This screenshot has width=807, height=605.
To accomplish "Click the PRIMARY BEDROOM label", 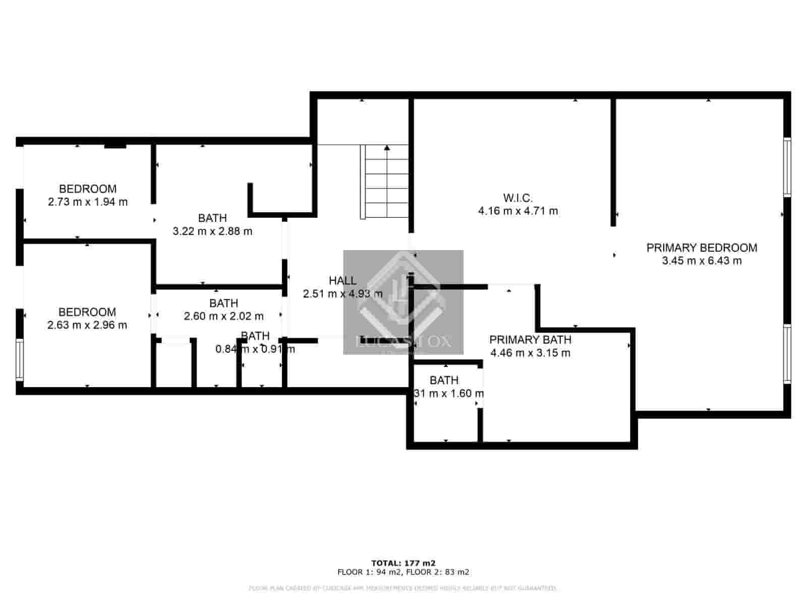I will [x=702, y=248].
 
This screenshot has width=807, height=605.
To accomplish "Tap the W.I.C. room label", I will [x=517, y=198].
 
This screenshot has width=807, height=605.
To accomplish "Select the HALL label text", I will [x=342, y=280].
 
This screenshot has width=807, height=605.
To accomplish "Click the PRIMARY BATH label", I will [x=530, y=339].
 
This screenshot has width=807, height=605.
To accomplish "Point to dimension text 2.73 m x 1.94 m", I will [x=88, y=202].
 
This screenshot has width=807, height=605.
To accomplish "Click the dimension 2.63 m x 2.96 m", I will [x=87, y=325].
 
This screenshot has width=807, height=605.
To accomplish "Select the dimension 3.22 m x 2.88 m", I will [x=212, y=231].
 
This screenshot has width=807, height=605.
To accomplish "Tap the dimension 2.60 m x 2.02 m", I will [x=223, y=317].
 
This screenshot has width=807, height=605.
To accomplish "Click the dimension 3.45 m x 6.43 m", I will [x=702, y=261].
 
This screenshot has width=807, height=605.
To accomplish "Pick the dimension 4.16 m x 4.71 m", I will [x=518, y=211].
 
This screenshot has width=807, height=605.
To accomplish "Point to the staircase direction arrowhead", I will [x=387, y=148].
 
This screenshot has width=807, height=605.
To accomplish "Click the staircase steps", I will [x=386, y=181].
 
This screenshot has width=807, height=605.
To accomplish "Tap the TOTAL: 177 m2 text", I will [x=403, y=563].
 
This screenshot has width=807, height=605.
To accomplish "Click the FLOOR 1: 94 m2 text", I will [x=370, y=572].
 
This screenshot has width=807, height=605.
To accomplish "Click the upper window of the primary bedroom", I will [x=786, y=167].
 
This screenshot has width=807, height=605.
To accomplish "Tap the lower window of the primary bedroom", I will [x=786, y=354].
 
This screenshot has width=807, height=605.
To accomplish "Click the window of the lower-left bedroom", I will [x=19, y=359].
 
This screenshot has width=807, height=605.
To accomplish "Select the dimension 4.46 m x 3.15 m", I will [x=530, y=353].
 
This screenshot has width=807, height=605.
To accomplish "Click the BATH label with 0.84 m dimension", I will [x=255, y=336].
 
